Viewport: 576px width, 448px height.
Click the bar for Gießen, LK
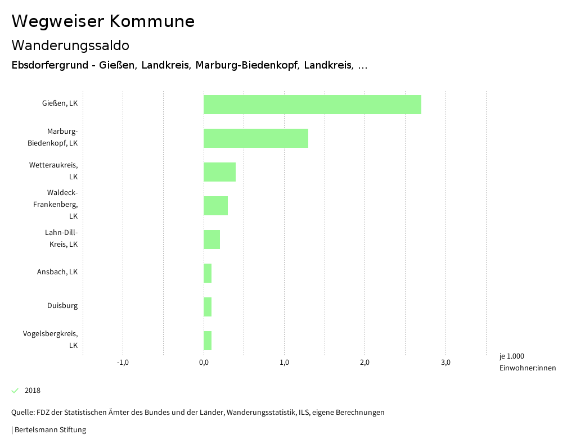(312, 105)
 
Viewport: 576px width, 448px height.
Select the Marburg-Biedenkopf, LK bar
(256, 138)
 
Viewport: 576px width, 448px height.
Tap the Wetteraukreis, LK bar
(219, 172)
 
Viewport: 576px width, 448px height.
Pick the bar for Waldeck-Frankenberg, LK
(215, 206)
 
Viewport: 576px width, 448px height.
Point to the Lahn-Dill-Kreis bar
(211, 239)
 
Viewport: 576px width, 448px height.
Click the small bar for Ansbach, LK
(208, 273)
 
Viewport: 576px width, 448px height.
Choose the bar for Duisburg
(208, 307)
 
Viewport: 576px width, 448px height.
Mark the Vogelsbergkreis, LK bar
(208, 341)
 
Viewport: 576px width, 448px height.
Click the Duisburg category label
(62, 306)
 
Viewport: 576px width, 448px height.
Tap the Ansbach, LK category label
(57, 272)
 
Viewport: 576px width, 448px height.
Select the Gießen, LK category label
(60, 103)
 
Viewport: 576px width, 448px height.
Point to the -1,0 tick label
(123, 362)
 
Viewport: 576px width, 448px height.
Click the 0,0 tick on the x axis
(204, 362)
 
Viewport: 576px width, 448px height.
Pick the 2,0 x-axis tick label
(364, 362)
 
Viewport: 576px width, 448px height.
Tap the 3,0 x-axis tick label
(445, 362)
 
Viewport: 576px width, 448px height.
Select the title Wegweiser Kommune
(103, 21)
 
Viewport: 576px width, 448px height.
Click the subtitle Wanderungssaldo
(70, 45)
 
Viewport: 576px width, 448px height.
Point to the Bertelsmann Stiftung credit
(49, 430)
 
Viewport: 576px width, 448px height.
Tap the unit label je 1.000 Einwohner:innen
(527, 362)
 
